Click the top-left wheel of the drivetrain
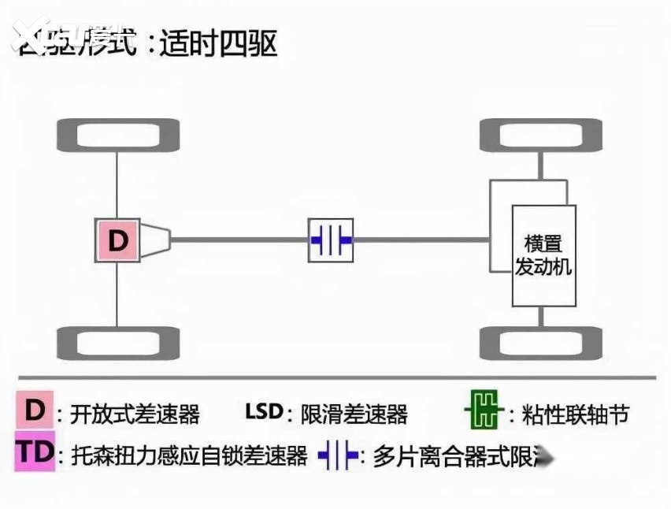(x=117, y=135)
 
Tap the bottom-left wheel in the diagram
(x=117, y=343)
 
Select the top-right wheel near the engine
(x=540, y=135)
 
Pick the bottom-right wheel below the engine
(x=540, y=343)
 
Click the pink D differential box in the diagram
(x=117, y=240)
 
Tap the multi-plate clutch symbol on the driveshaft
(x=331, y=240)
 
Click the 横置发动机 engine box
(x=543, y=255)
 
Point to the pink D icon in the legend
(x=34, y=411)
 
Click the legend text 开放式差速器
(x=135, y=414)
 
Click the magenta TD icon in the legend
(x=34, y=452)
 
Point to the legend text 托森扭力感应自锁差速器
(x=188, y=455)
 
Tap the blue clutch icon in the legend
(x=339, y=456)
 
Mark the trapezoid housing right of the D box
(x=155, y=240)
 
